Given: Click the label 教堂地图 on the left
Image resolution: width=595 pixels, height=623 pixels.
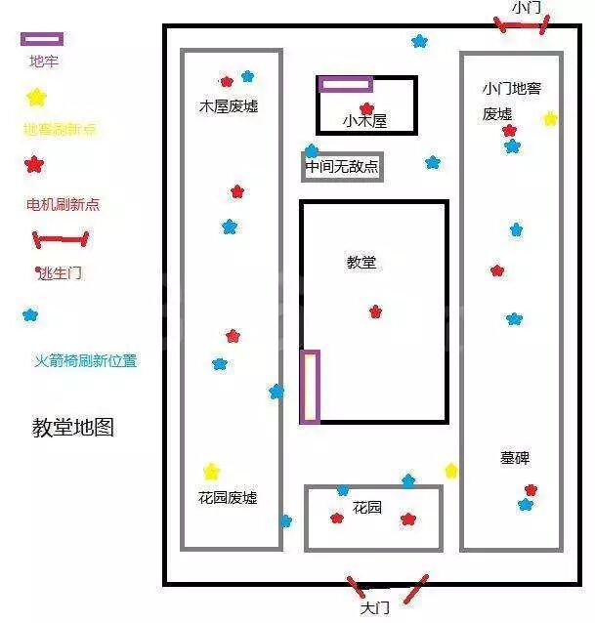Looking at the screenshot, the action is coord(73,428).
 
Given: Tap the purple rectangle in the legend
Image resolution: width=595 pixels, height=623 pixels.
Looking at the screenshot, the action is coord(42,39).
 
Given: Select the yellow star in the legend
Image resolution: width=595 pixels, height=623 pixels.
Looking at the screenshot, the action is coord(36,98).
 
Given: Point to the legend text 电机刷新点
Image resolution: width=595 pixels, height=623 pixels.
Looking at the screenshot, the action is coord(63,204).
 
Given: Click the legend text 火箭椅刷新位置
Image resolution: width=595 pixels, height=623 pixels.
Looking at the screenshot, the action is coord(86,360).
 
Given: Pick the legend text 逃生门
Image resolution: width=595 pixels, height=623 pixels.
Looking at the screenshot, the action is coord(61,273).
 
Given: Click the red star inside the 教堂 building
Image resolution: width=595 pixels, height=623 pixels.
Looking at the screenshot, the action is coord(375,311).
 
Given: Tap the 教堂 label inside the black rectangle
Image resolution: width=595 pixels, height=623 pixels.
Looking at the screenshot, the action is coord(361,262).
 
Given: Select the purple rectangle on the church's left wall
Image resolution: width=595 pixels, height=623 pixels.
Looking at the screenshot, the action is coord(310,387).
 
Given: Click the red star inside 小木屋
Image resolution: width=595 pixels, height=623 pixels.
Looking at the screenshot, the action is coord(366,108).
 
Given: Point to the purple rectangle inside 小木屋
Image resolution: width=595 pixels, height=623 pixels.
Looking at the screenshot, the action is coord(346,85).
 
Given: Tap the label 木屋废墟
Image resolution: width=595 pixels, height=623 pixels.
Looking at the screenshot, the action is coord(229,106).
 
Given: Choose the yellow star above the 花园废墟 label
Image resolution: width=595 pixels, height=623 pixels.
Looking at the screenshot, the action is coord(211,472).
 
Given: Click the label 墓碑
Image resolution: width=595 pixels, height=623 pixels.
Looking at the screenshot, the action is coord(515,457).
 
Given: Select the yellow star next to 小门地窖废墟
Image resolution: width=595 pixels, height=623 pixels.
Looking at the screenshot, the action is coord(550,119).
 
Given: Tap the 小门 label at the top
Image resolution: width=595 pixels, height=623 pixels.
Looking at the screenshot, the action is coord(526,8).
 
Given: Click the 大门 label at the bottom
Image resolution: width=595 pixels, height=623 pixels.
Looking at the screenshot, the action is coord(374,607).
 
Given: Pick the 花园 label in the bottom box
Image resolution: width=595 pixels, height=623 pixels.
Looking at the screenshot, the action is coord(367,508).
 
